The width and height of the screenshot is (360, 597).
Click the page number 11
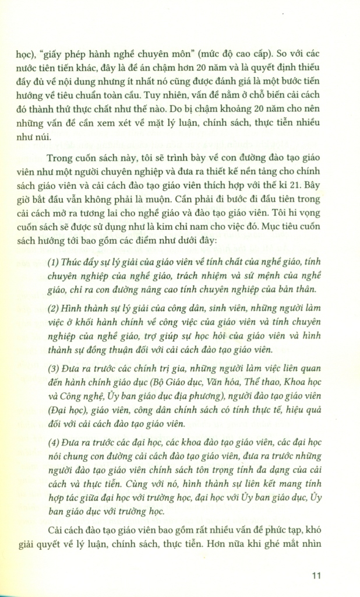coord(316,576)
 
